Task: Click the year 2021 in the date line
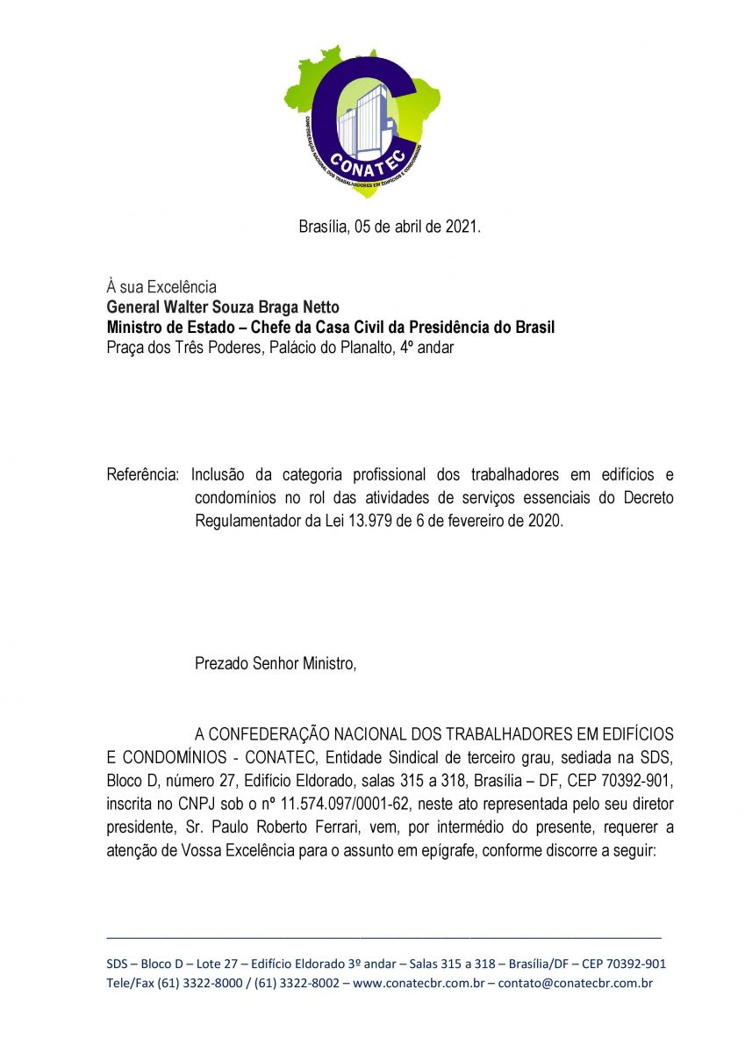click(462, 227)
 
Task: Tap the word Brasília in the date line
click(324, 227)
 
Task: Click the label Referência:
click(143, 475)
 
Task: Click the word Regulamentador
click(247, 520)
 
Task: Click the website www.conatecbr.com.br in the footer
click(419, 984)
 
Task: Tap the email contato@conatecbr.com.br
click(575, 984)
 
